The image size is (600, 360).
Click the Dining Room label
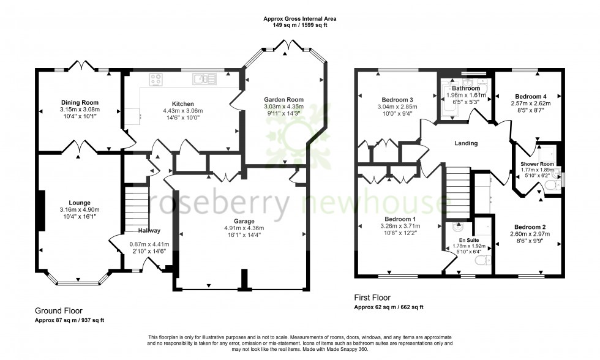tap(80, 102)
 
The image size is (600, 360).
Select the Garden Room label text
tap(283, 99)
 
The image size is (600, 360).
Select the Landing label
tap(465, 143)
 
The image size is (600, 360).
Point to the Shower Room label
tap(537, 164)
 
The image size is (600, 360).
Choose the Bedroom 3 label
tap(398, 100)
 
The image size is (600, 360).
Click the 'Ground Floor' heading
tap(58, 311)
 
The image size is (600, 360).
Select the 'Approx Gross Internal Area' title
tap(300, 19)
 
